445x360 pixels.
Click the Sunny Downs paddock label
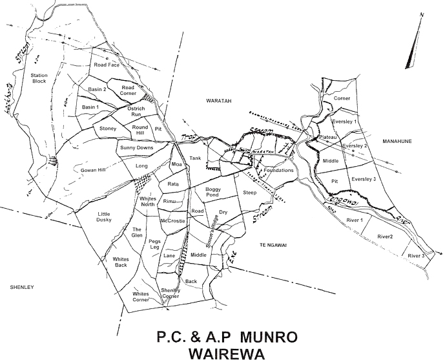pyautogui.click(x=136, y=148)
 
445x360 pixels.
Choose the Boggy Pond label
pyautogui.click(x=212, y=192)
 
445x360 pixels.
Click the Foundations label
pyautogui.click(x=278, y=171)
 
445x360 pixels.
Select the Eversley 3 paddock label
pyautogui.click(x=364, y=179)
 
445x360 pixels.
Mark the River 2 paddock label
pyautogui.click(x=385, y=237)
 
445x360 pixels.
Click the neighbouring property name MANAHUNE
pyautogui.click(x=398, y=141)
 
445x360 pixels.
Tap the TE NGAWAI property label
pyautogui.click(x=273, y=245)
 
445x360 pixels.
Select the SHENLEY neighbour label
pyautogui.click(x=21, y=286)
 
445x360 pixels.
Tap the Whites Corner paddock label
pyautogui.click(x=141, y=297)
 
